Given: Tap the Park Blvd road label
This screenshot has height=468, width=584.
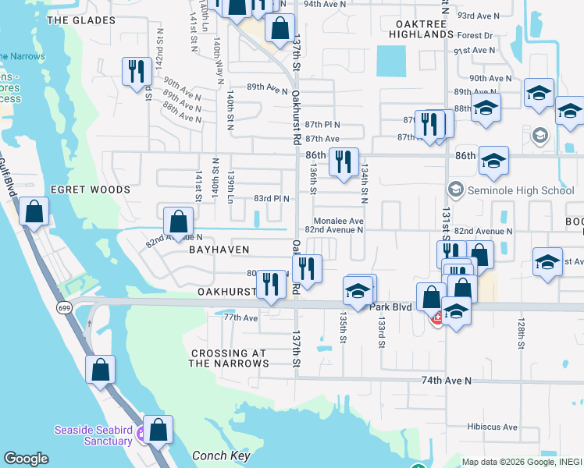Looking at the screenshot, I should [x=390, y=307].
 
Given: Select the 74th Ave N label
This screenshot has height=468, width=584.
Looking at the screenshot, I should [x=447, y=381].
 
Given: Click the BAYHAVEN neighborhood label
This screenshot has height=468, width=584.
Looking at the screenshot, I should [x=219, y=250].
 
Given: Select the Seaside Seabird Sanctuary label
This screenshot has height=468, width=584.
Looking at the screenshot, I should [x=93, y=435].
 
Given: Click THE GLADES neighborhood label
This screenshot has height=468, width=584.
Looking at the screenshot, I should [x=75, y=20].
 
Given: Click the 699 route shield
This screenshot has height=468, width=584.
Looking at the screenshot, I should [x=64, y=309].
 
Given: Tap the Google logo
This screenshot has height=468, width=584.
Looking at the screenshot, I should [x=27, y=459].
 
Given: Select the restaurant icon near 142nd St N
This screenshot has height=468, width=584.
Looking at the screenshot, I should [x=137, y=71].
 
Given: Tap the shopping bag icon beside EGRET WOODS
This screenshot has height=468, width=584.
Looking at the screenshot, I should [x=34, y=211].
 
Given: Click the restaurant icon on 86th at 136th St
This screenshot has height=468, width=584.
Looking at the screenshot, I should [x=344, y=161].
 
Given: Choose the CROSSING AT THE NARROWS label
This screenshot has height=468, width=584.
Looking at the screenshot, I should [x=230, y=358].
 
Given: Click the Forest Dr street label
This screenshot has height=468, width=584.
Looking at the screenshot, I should [x=475, y=35].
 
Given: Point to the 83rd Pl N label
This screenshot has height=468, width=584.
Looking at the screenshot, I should [x=271, y=198].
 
